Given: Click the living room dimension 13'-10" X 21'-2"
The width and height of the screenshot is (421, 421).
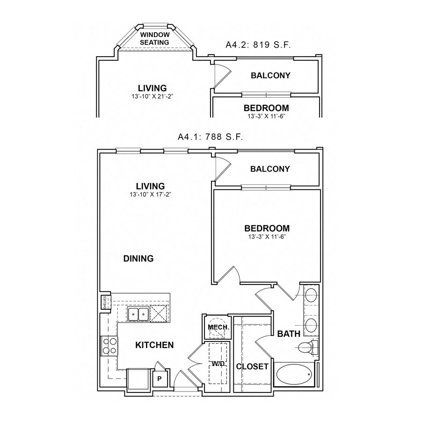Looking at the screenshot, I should pos(152,97).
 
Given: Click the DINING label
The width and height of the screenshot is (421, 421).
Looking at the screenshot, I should pos(138,258).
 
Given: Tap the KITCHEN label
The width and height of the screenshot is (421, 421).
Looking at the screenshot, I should pos(154,345).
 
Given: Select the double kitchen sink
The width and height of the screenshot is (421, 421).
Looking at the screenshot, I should pos(138,314).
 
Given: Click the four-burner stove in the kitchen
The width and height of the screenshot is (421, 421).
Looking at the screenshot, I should pos(109,346).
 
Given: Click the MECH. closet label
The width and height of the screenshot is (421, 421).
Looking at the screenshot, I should pos(218,327).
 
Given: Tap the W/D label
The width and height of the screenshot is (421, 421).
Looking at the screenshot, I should pos(218,363).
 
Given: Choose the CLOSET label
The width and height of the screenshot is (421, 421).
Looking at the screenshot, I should pos(253,366).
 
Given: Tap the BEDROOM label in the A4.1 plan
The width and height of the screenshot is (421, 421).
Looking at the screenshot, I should pos(267,228).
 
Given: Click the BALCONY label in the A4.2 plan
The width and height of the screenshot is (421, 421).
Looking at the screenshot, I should pos(270,75).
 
